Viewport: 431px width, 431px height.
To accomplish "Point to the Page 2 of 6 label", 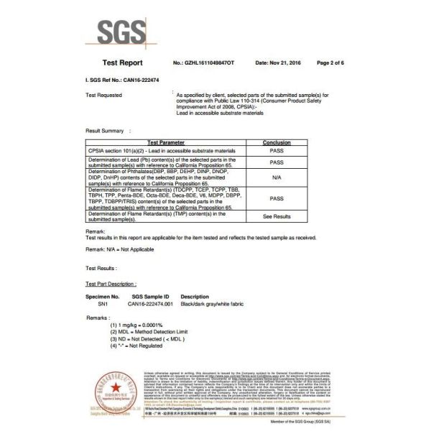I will [x=330, y=63].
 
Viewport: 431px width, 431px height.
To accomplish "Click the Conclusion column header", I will [x=277, y=143].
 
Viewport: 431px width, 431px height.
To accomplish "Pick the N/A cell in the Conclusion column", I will [x=277, y=177].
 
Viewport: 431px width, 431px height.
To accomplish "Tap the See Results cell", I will [x=277, y=215].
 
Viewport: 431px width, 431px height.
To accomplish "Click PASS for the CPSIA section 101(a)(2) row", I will [x=277, y=151].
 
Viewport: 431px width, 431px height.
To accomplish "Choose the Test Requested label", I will [x=103, y=95].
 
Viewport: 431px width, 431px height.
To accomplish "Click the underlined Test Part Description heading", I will [x=111, y=284].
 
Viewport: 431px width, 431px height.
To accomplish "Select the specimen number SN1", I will [x=95, y=304].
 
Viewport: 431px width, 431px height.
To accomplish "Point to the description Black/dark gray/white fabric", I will [x=213, y=304].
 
